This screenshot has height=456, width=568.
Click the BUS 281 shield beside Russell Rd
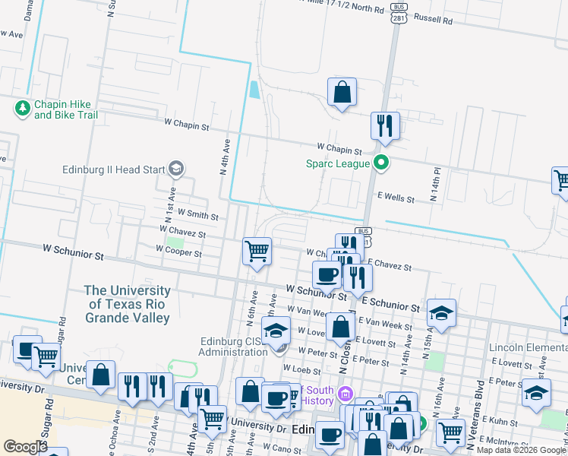[x=397, y=14]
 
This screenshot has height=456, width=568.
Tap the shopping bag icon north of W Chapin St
[x=342, y=92]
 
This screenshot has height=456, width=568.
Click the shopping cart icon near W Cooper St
[x=257, y=250]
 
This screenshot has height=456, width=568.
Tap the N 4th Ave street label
[x=226, y=157]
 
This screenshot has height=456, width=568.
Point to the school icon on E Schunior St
[x=440, y=313]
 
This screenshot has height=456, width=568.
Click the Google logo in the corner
[x=25, y=447]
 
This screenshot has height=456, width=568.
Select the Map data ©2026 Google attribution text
[x=521, y=449]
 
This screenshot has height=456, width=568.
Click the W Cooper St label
[x=178, y=252]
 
